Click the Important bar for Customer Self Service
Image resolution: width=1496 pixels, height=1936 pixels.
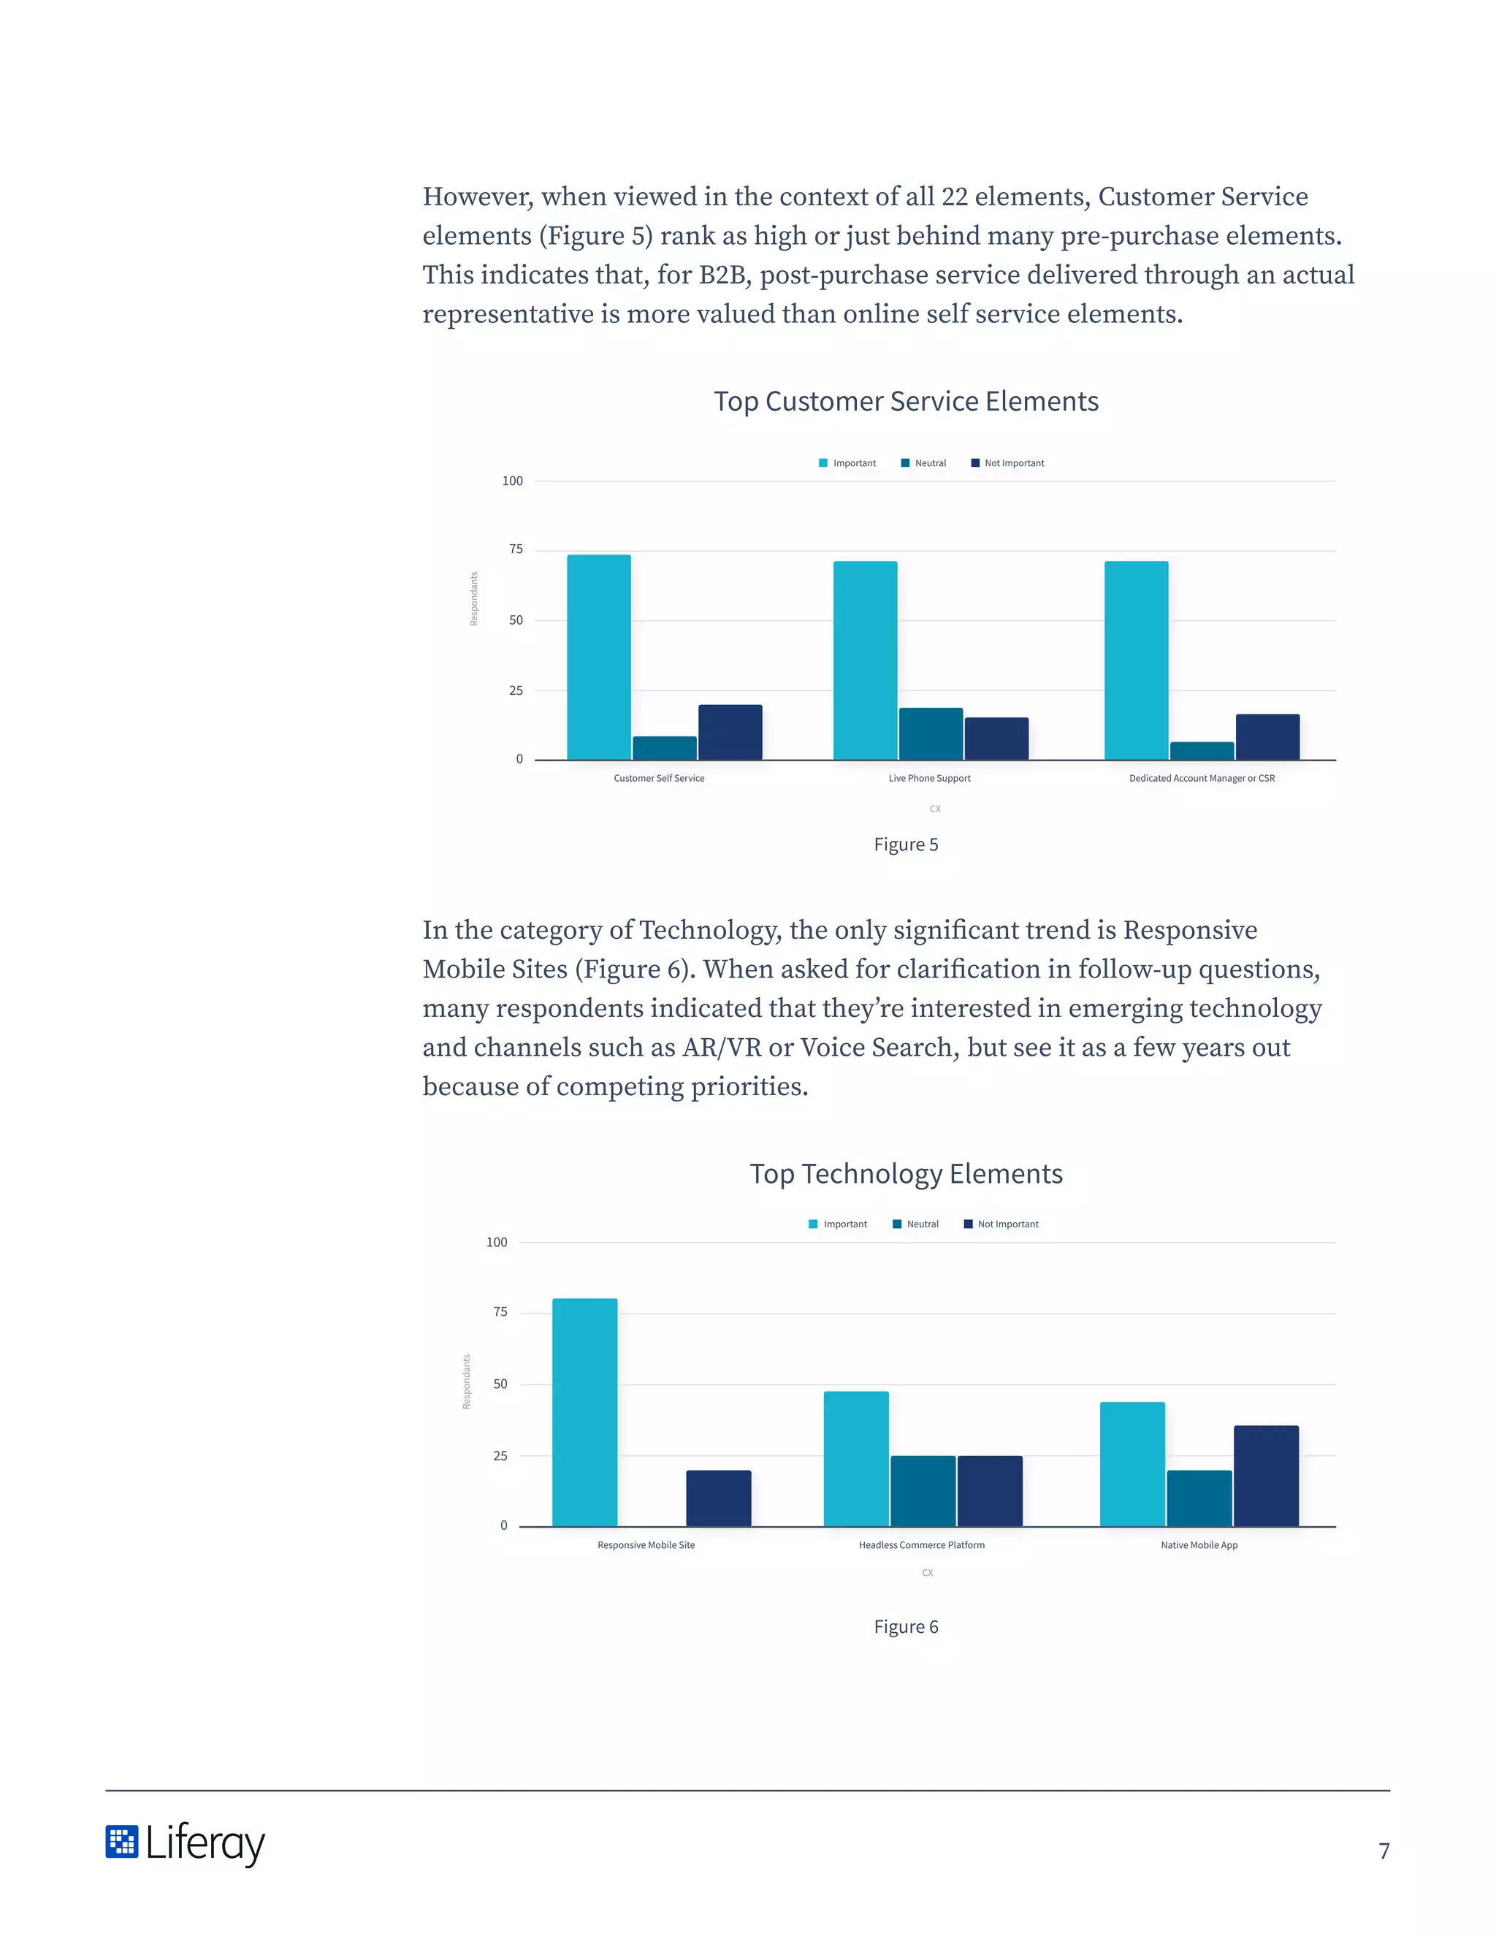[598, 657]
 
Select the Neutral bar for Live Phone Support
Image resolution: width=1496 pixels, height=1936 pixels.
[931, 734]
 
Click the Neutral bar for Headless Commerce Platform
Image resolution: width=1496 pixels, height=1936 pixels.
[923, 1491]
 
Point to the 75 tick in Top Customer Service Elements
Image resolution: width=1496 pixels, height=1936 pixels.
[516, 549]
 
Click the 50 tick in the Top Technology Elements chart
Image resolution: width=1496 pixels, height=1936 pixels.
[500, 1384]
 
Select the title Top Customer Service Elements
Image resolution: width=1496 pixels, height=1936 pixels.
[906, 402]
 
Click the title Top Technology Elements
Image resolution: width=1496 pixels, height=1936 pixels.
[906, 1174]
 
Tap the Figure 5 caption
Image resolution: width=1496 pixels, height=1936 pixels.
[906, 845]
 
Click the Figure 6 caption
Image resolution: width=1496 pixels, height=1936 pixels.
[906, 1627]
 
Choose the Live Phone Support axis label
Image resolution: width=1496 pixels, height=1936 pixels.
[929, 778]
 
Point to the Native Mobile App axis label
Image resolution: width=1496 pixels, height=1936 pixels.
[1199, 1545]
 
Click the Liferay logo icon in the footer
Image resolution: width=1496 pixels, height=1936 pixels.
[121, 1841]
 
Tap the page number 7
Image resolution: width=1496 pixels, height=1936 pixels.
[1384, 1851]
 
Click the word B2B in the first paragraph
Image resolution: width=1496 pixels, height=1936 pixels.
[725, 275]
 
